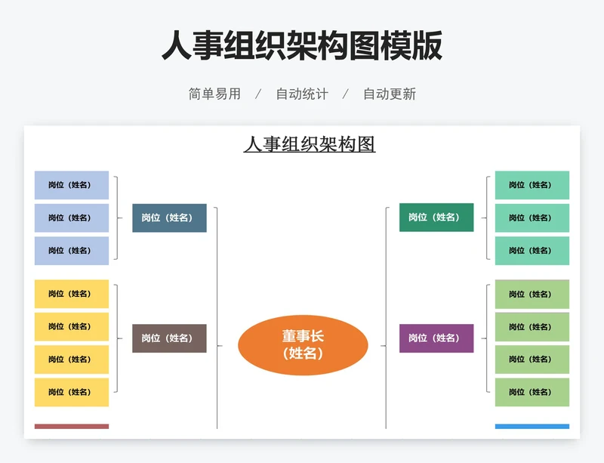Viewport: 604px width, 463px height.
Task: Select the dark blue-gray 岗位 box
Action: point(169,218)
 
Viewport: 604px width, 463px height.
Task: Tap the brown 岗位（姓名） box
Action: point(169,338)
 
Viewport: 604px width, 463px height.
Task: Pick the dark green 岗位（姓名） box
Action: point(436,218)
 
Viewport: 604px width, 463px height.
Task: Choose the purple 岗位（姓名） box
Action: point(436,338)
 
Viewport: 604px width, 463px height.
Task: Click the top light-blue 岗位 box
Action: point(72,185)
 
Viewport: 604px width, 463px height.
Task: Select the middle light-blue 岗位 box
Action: point(72,218)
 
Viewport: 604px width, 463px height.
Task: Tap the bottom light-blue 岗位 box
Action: point(72,251)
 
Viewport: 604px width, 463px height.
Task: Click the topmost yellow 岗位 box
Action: point(72,294)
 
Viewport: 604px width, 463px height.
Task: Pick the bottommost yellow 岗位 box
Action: point(72,392)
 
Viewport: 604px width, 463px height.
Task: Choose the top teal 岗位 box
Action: point(532,185)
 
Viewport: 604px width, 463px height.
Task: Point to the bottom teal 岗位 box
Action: point(532,251)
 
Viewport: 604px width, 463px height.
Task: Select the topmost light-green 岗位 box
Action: point(532,294)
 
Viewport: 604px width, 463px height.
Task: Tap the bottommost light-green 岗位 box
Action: point(532,392)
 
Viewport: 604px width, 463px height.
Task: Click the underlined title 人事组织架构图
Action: point(310,144)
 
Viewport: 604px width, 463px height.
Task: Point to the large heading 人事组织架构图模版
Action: point(302,46)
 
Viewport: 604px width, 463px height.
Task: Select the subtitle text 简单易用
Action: point(214,94)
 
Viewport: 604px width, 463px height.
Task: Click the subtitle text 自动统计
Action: point(302,94)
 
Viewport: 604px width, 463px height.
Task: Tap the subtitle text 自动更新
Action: point(390,94)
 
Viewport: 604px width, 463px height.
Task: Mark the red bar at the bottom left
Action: point(72,427)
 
